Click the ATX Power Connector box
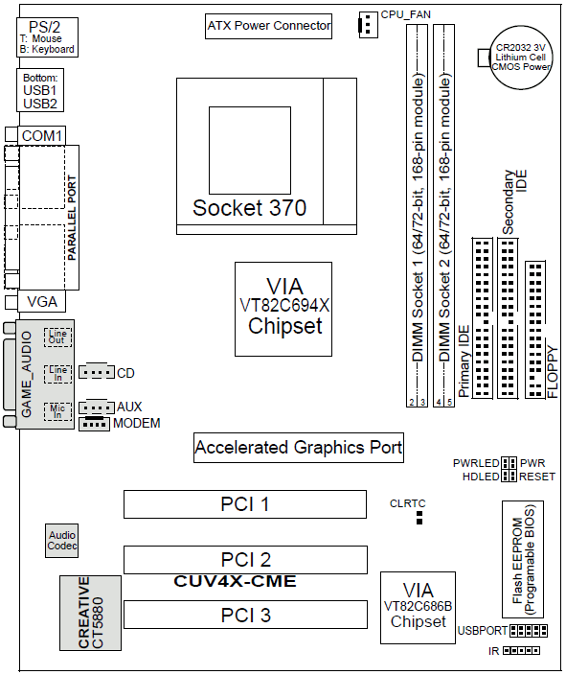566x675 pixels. (x=268, y=26)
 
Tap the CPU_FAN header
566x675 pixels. (x=368, y=25)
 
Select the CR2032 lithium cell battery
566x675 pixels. (x=521, y=58)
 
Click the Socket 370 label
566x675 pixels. (x=249, y=208)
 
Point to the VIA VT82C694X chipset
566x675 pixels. (x=283, y=309)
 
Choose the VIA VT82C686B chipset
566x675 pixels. (x=419, y=608)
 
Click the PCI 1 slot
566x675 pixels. (x=245, y=504)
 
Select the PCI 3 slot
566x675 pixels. (x=245, y=615)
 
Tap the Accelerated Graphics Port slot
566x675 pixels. (x=299, y=448)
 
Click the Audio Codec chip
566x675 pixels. (x=62, y=541)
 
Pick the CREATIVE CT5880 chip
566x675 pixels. (x=90, y=613)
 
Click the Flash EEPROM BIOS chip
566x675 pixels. (x=523, y=560)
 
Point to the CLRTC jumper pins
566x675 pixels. (x=419, y=518)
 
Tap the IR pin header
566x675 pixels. (x=521, y=650)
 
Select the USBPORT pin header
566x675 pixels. (x=529, y=631)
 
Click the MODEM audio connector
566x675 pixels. (x=94, y=424)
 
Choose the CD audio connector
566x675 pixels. (x=97, y=372)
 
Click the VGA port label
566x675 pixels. (x=42, y=302)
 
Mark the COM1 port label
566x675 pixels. (x=42, y=136)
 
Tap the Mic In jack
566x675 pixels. (x=57, y=411)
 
